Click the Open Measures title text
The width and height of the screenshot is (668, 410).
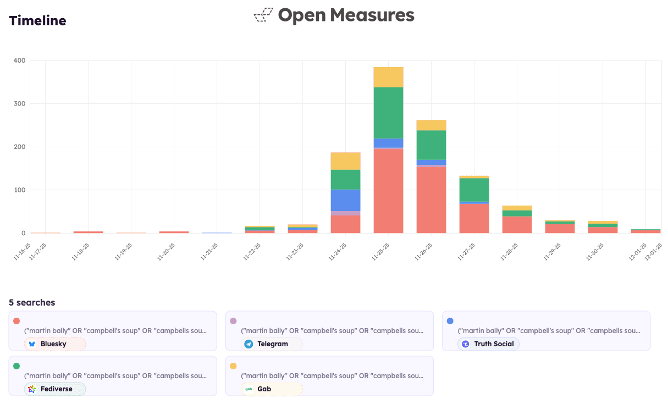coord(346,15)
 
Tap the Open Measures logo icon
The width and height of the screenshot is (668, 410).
coord(263,15)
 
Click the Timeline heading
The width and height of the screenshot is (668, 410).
coord(37,21)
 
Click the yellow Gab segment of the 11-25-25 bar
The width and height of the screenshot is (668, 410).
coord(388,77)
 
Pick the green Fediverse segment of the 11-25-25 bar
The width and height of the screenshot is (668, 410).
coord(388,113)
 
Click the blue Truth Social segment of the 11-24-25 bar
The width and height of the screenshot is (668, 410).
coord(345,200)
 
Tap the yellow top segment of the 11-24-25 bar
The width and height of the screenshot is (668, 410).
coord(345,161)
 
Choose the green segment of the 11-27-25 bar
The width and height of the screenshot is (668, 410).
coord(474,190)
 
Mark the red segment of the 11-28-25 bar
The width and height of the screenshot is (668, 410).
coord(517,224)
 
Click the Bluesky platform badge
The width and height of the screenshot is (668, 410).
coord(54,344)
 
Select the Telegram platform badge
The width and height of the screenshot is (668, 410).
coord(272,344)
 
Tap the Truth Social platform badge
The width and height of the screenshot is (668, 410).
coord(488,344)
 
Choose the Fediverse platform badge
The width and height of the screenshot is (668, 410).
coord(55,389)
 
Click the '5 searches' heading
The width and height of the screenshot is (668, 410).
coord(32,302)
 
